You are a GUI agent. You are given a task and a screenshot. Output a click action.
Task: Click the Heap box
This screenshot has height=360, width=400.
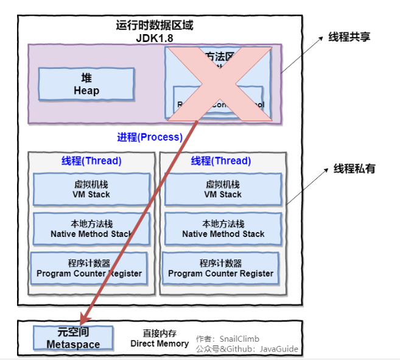click(86, 84)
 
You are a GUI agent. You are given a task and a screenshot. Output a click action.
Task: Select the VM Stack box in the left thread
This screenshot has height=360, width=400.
click(92, 189)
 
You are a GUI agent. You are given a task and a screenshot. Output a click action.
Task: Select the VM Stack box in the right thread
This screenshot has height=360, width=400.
click(223, 189)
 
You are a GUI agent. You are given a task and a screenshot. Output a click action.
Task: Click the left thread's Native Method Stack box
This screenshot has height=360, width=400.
click(92, 229)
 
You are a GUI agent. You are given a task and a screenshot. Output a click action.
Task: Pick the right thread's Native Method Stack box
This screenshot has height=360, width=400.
click(223, 229)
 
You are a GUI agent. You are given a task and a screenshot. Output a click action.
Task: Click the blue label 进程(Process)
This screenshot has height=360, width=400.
click(150, 137)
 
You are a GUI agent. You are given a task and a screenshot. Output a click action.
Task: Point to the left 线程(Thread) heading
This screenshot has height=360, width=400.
click(91, 161)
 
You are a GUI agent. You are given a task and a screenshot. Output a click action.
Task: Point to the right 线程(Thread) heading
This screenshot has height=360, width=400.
click(221, 161)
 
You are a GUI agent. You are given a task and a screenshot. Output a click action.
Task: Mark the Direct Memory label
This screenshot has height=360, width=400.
click(160, 344)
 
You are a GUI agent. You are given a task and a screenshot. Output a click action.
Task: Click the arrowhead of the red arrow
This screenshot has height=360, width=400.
click(83, 320)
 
